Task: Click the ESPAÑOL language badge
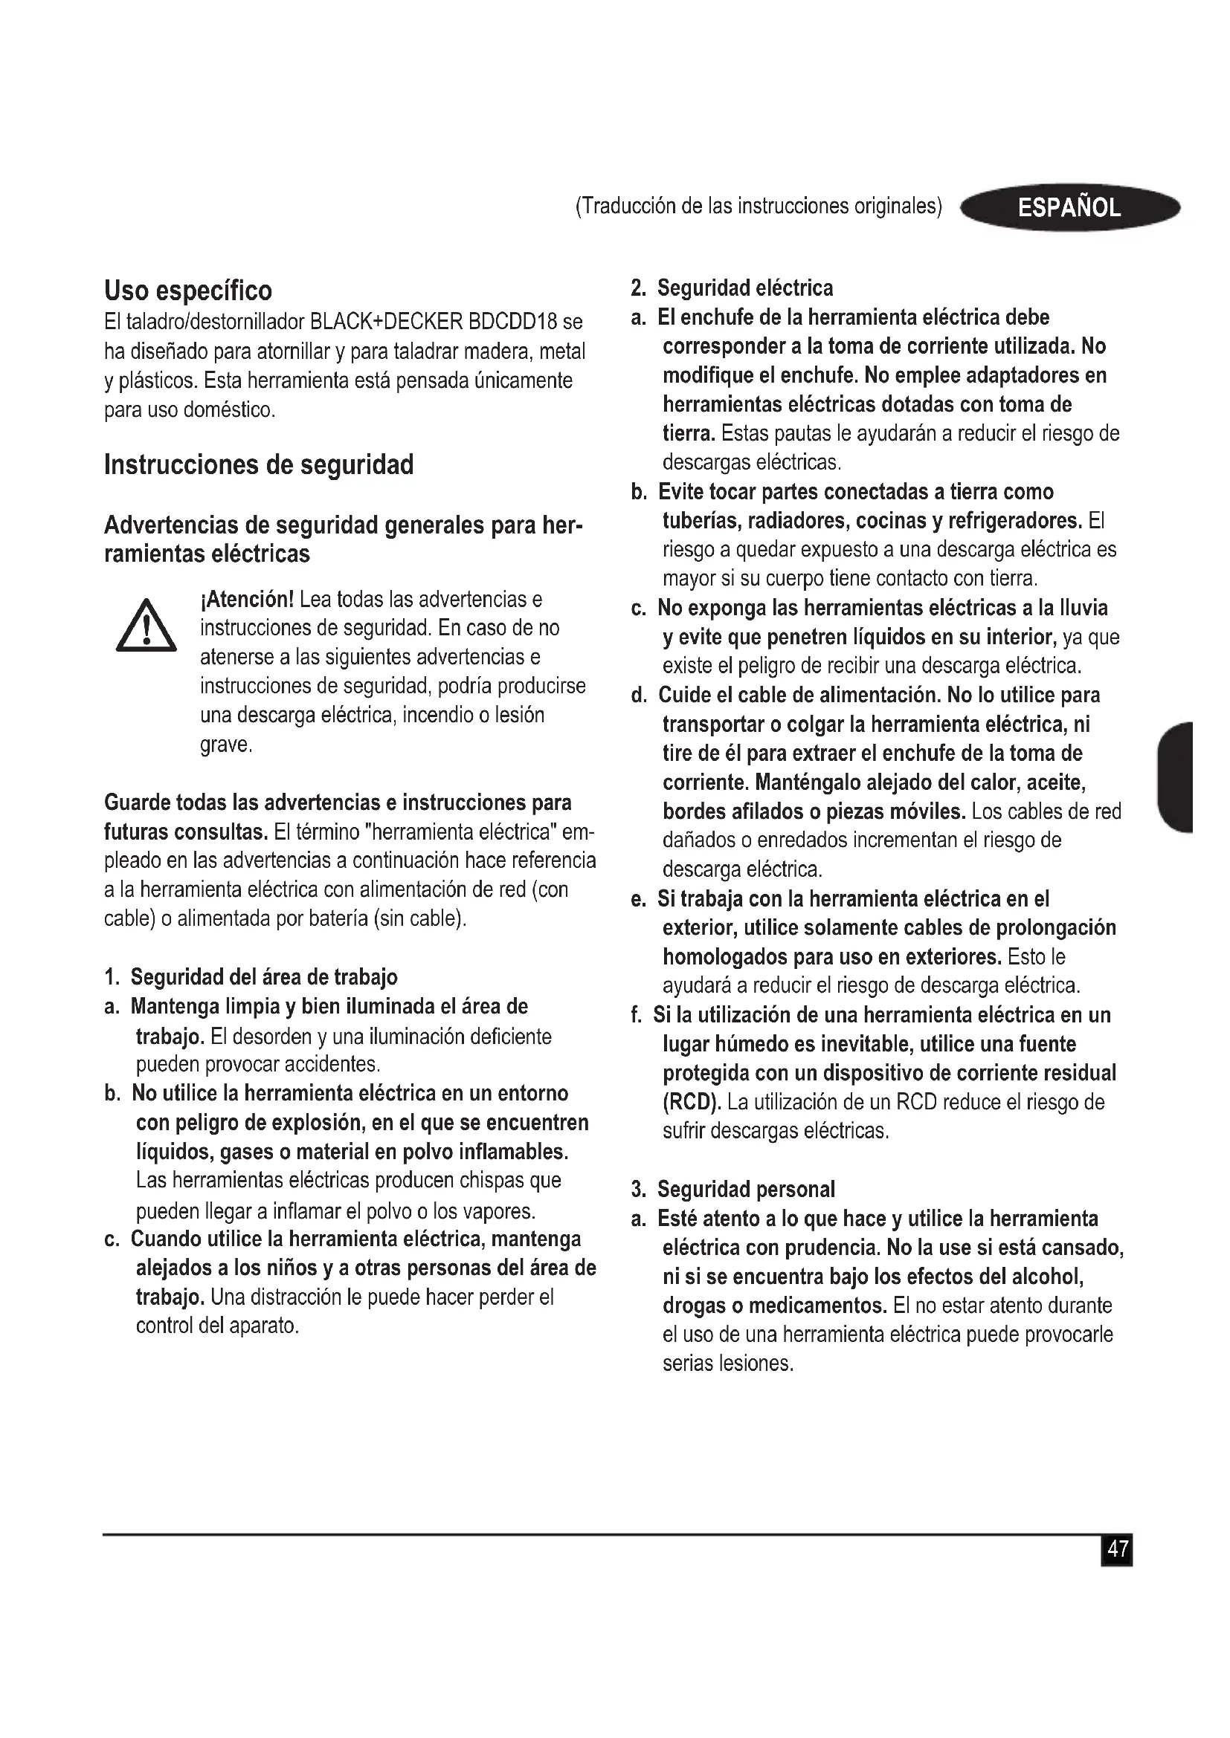tap(1069, 207)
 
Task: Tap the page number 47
tap(1117, 1549)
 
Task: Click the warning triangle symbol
tap(146, 626)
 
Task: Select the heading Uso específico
tap(188, 291)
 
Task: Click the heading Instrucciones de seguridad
tap(258, 464)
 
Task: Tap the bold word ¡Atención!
tap(247, 600)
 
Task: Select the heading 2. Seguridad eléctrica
tap(732, 288)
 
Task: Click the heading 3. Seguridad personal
tap(732, 1189)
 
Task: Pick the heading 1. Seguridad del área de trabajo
tap(251, 977)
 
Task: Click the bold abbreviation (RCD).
tap(692, 1102)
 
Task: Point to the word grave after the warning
tap(224, 745)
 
